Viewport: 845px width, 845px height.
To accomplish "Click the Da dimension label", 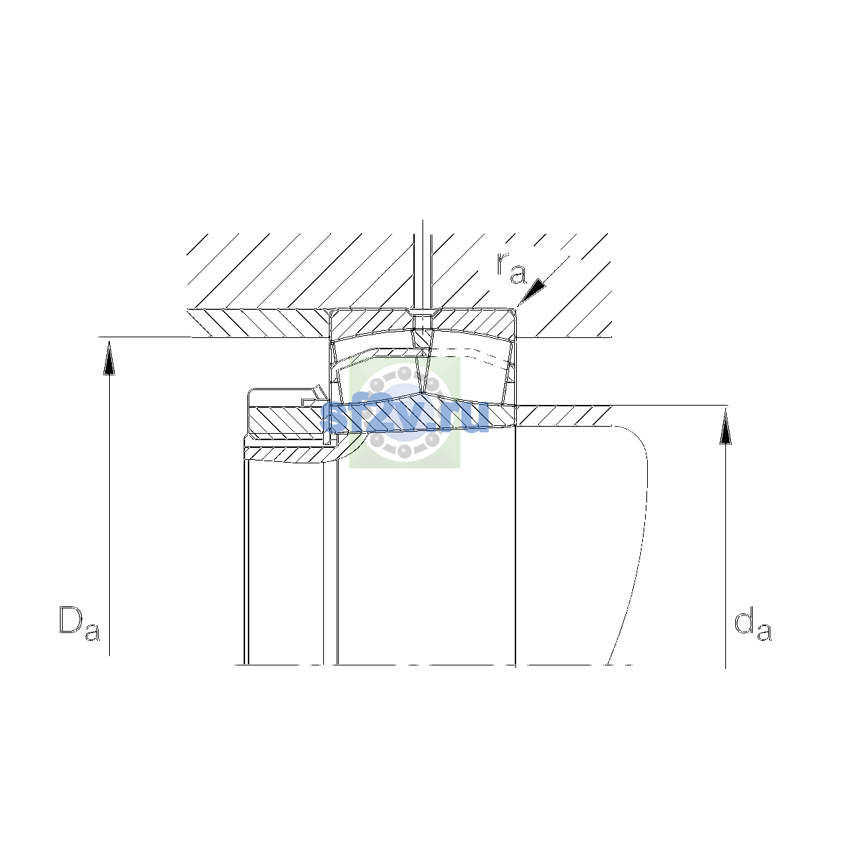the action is coord(80,623).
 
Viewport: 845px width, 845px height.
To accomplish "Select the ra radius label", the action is coord(511,268).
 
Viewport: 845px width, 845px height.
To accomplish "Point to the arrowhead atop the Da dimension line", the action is coord(109,358).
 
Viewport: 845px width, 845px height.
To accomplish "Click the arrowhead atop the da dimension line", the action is coord(725,427).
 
